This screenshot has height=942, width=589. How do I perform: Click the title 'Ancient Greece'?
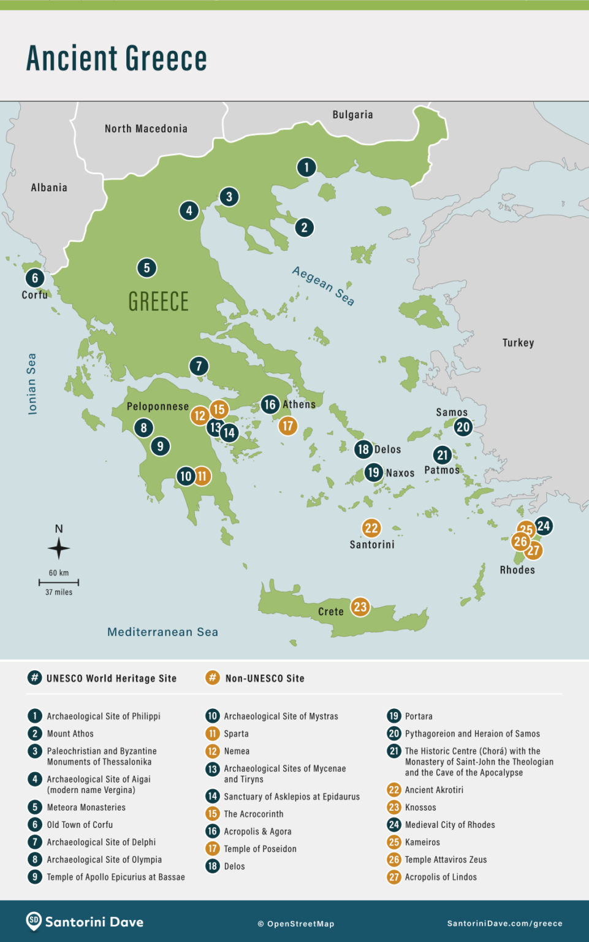point(116,58)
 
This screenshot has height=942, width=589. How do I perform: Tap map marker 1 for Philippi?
point(306,167)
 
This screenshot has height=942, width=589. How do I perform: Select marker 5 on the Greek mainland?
point(146,268)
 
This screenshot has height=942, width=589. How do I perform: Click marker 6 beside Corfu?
point(35,278)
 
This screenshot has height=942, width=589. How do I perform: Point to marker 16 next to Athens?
point(270,404)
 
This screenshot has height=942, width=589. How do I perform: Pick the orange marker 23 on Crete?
point(360,607)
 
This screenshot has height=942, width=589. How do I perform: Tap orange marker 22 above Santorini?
point(371,528)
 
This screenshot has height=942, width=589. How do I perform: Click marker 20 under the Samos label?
point(463,427)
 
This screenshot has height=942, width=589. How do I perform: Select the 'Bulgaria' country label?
point(352,115)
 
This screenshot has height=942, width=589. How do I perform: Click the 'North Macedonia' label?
point(146,129)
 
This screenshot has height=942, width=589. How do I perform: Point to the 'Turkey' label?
point(518,343)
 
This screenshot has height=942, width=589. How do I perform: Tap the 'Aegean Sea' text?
point(323,286)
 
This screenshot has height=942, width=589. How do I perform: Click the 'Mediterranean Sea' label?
point(162,632)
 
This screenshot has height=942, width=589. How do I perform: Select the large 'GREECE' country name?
point(159,302)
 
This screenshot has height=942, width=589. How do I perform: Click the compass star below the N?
point(59,548)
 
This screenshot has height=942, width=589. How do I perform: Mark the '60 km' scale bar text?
point(59,573)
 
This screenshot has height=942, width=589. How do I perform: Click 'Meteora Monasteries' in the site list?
point(86,808)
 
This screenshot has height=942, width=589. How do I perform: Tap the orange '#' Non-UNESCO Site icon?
point(212,678)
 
